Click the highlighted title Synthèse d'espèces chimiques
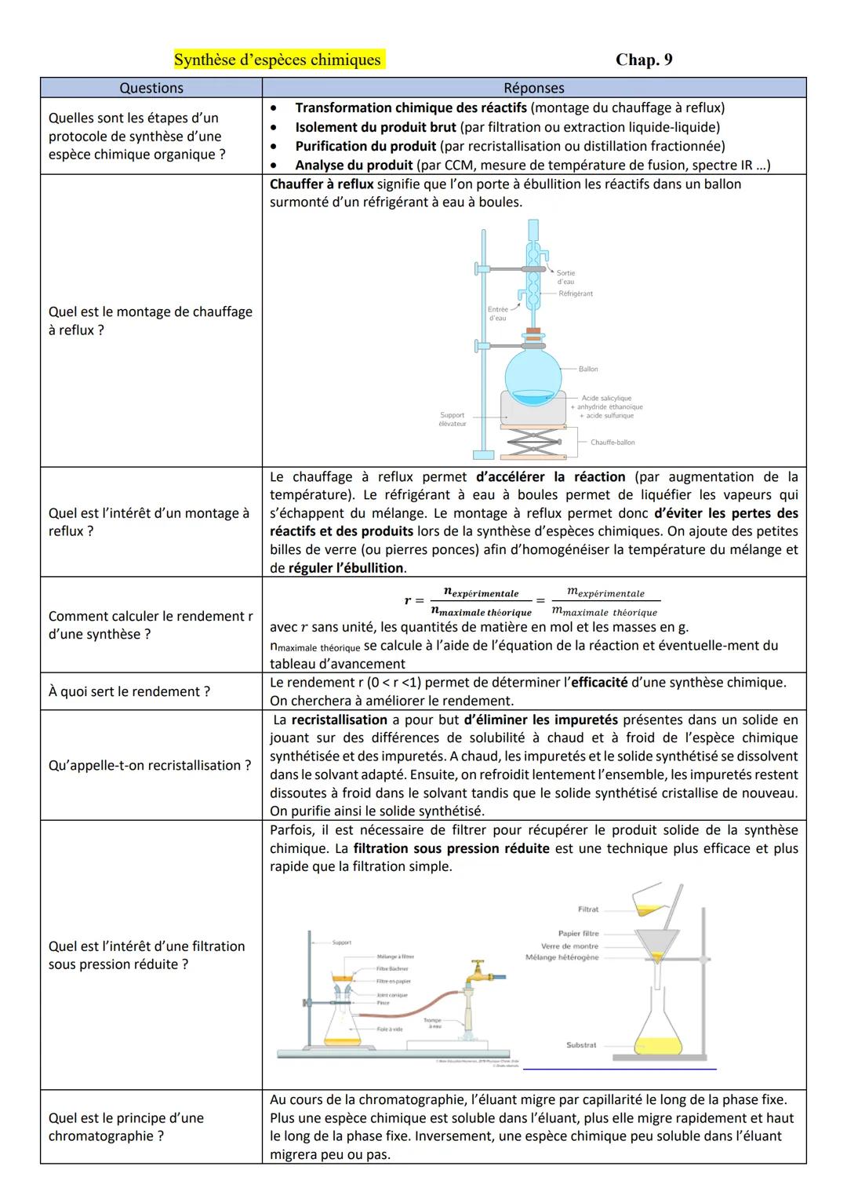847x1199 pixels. point(278,60)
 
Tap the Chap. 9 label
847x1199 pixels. point(644,60)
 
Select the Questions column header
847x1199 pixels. point(151,88)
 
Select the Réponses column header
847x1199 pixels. point(533,88)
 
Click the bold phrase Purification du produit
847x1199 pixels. point(365,146)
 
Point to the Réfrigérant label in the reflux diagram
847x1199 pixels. point(576,293)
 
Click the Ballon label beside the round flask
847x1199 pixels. point(588,369)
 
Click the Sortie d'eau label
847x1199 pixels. point(565,277)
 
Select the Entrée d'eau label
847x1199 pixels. point(497,314)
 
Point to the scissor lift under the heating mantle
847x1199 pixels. point(533,444)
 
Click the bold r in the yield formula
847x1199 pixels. point(409,601)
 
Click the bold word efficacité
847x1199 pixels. point(599,683)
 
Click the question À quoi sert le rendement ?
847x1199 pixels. point(129,691)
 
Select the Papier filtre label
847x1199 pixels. point(578,934)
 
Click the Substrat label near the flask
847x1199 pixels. point(581,1045)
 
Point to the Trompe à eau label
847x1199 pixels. point(433,1023)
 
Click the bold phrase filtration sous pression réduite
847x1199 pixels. point(451,848)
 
